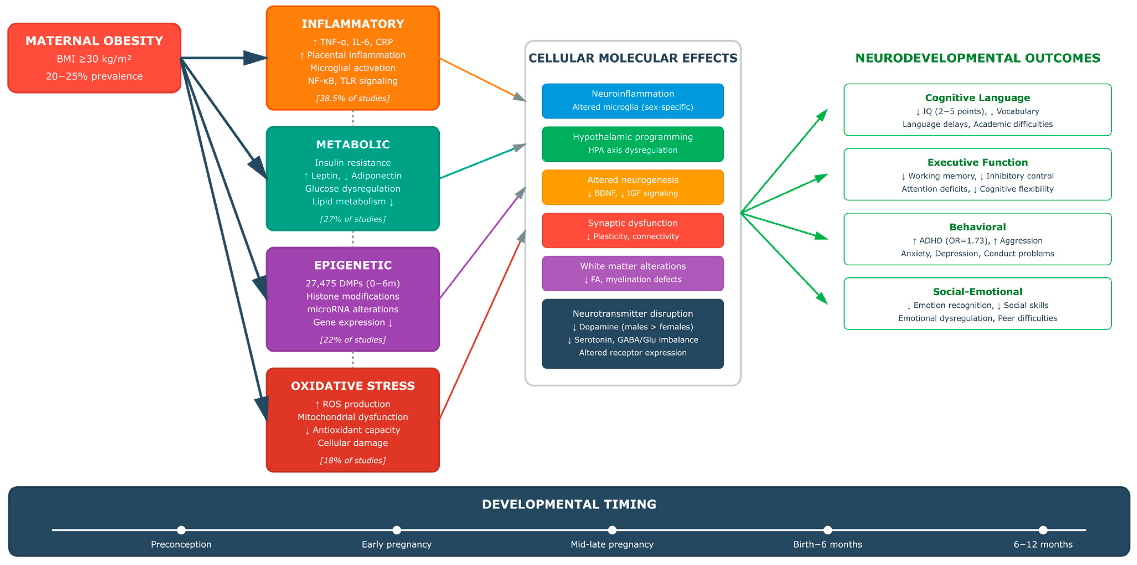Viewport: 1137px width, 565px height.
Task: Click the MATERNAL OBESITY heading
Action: coord(94,41)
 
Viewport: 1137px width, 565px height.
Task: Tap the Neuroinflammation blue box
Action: coord(633,101)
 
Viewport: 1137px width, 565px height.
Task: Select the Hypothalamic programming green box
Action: coord(633,144)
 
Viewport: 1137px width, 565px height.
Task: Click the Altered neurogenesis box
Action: coord(633,187)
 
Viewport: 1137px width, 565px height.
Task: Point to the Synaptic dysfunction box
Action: coord(633,230)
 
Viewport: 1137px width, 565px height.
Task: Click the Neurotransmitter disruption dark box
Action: coord(633,333)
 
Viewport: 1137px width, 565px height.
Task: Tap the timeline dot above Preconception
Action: coord(181,530)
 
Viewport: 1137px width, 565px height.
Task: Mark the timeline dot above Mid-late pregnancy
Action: coord(612,530)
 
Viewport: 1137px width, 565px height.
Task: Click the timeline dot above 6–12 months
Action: coord(1043,530)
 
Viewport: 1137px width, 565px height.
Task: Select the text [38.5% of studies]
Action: coord(353,99)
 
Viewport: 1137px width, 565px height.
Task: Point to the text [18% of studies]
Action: coord(353,460)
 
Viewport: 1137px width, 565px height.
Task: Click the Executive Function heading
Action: coord(977,162)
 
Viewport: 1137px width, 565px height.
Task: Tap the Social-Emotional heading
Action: coord(977,292)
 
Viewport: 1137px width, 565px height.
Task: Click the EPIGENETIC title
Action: coord(353,265)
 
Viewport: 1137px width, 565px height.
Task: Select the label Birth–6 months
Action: coord(827,544)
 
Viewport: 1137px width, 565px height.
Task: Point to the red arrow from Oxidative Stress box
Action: coord(481,327)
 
